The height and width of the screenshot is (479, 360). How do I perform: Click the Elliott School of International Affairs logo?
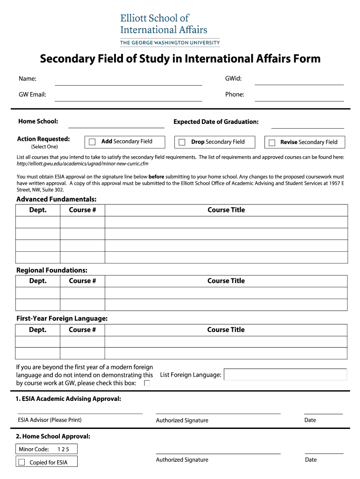[x=170, y=29]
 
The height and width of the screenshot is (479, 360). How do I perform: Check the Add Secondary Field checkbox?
[x=92, y=142]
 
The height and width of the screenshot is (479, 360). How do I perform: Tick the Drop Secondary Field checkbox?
[x=182, y=142]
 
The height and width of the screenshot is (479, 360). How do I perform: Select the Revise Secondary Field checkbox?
[x=272, y=143]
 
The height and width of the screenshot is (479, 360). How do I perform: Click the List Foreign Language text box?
[x=285, y=375]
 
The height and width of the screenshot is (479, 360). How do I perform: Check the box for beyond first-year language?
[x=147, y=383]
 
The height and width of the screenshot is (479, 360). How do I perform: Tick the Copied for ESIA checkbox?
[x=22, y=462]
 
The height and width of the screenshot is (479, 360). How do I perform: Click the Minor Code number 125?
[x=63, y=450]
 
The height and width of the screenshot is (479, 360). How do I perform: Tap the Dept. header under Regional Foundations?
[x=38, y=281]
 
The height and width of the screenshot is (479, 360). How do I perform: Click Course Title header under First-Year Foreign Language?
[x=226, y=330]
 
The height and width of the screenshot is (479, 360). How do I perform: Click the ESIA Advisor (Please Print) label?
[x=50, y=420]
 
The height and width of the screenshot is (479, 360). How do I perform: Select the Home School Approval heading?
[x=53, y=436]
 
